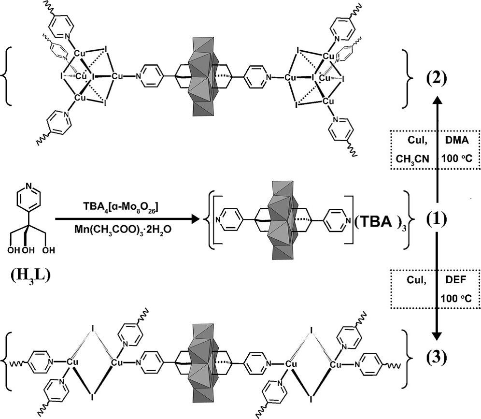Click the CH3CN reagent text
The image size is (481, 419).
tap(412, 158)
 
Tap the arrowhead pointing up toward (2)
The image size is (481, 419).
tap(437, 100)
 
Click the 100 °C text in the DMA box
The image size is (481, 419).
tap(456, 158)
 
